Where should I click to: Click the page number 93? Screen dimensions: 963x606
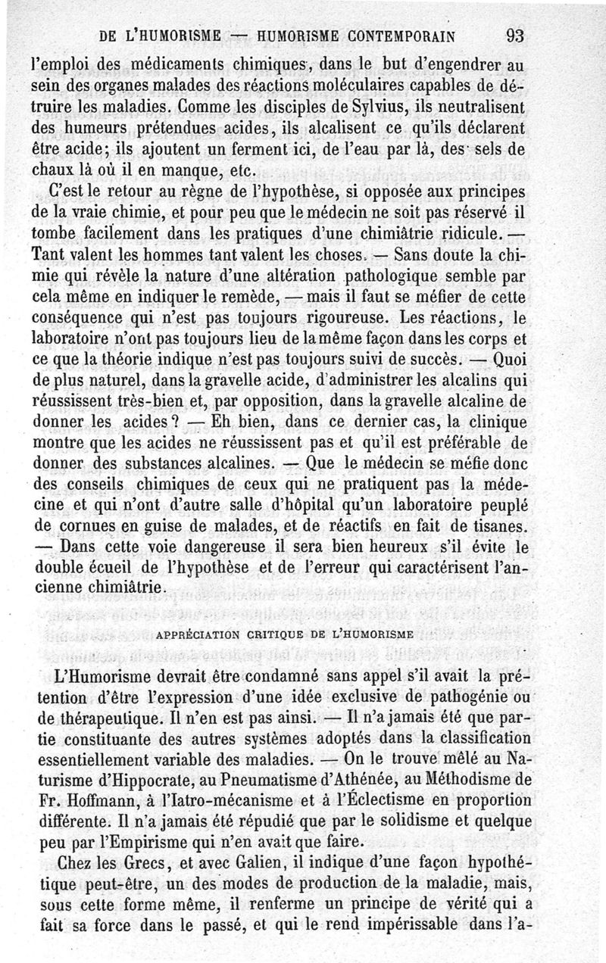(511, 35)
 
